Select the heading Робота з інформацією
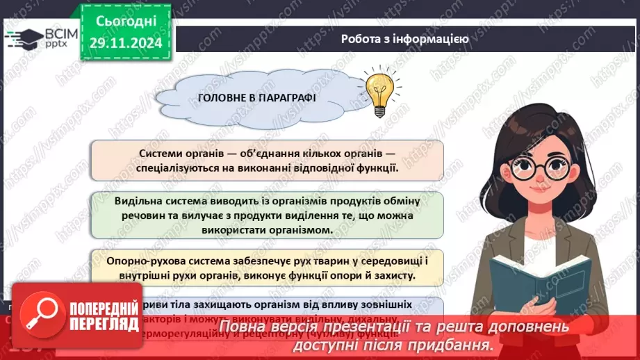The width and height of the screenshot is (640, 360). tap(404, 39)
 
